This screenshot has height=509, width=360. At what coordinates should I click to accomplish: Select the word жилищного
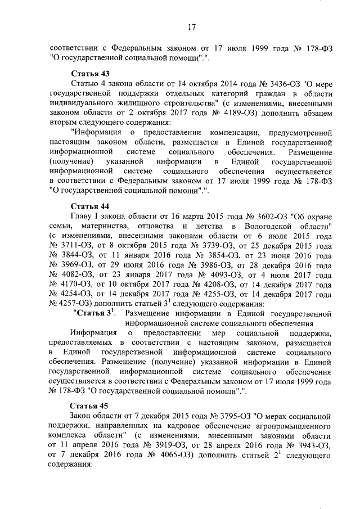(x=143, y=103)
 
